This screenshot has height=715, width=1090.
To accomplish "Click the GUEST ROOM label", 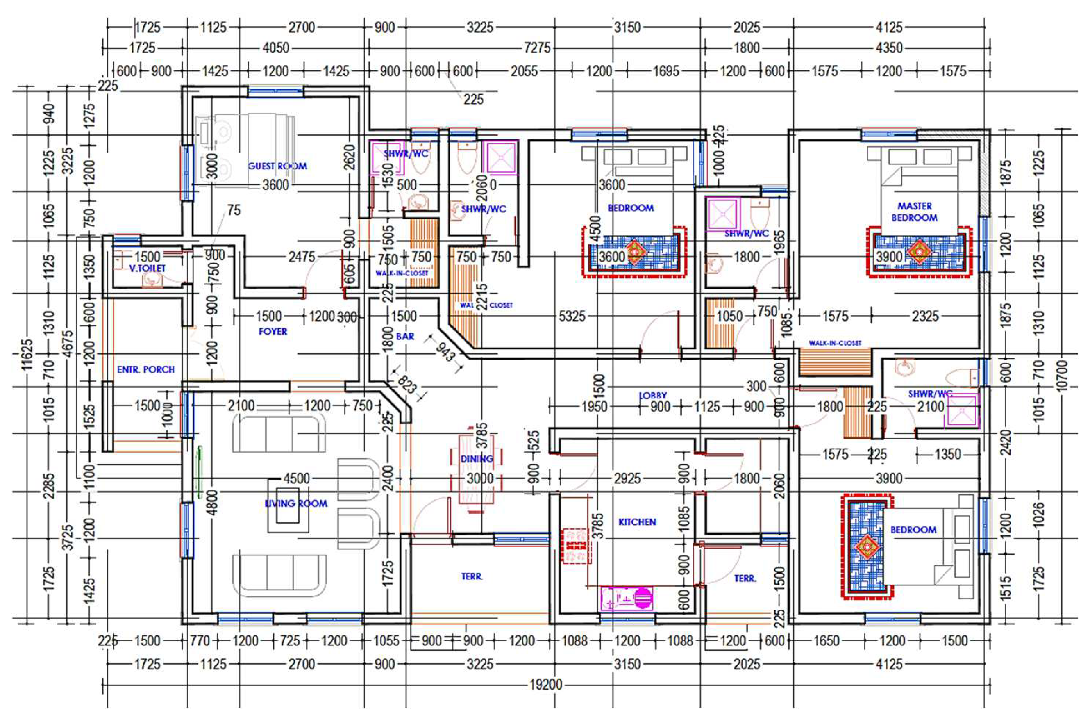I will point(277,166).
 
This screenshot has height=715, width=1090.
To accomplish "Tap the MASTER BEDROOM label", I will point(914,212).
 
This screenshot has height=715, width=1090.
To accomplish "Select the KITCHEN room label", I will point(637,522).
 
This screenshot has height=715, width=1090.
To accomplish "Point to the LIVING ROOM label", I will point(296,503).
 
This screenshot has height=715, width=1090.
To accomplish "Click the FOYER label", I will point(273,332).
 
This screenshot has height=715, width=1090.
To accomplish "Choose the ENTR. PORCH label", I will point(146,369).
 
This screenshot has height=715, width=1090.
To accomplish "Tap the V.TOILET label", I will point(147,268).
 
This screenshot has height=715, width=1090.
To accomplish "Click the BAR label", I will point(405,337).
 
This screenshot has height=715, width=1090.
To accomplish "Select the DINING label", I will point(476,459).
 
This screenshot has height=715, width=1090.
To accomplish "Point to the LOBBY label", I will point(652,395).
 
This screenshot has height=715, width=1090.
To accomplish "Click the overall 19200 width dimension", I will point(545,685).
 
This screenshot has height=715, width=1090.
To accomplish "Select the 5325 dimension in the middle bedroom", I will point(572,316).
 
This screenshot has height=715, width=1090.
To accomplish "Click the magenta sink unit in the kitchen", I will point(627,598).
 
